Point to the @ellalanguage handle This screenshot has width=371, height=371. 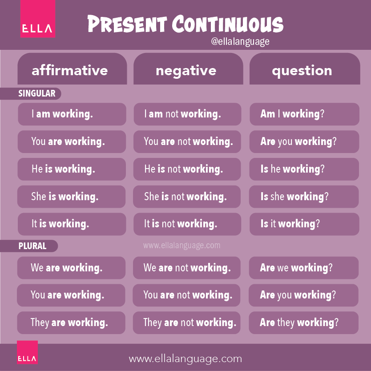(x=241, y=42)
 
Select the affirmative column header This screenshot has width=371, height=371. (x=70, y=70)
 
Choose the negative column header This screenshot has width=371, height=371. (x=186, y=70)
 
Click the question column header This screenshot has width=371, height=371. (x=302, y=70)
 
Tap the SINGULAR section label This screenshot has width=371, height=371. (x=37, y=93)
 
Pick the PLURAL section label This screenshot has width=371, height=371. (x=32, y=246)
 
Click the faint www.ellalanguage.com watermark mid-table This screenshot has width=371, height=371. (x=181, y=245)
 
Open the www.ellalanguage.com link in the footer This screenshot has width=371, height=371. (x=185, y=359)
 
